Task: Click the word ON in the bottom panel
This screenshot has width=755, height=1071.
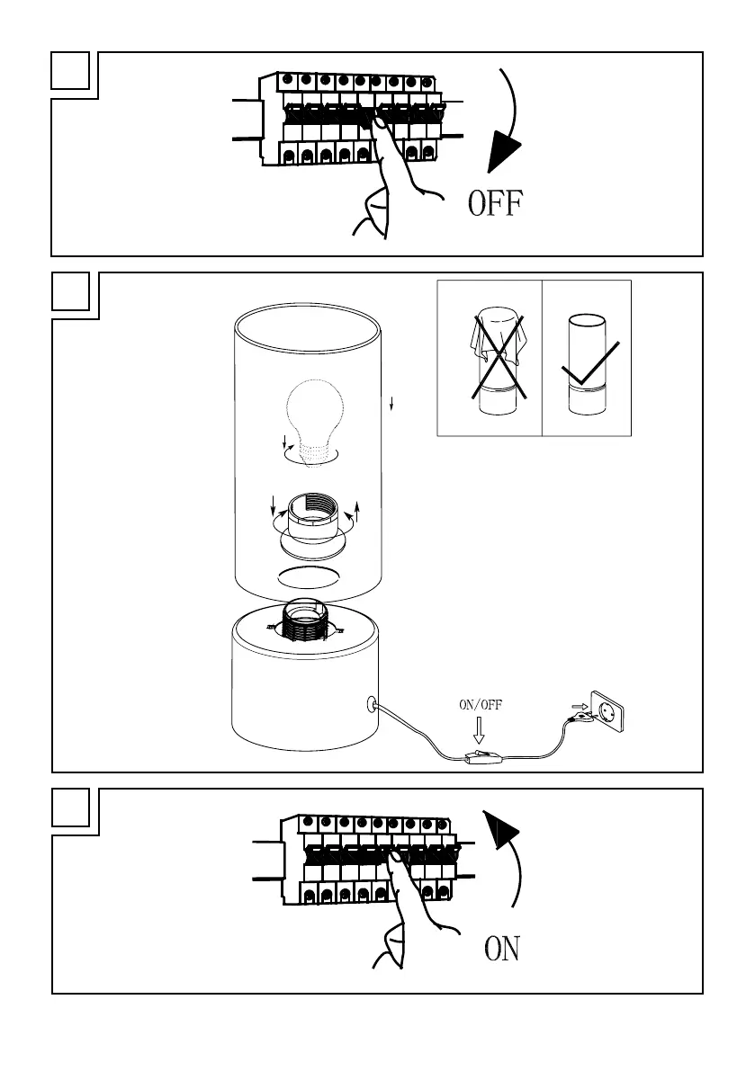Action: coord(502,950)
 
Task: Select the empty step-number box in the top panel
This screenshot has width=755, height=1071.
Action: coord(70,71)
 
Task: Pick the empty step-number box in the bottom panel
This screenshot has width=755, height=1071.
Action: coord(70,808)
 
